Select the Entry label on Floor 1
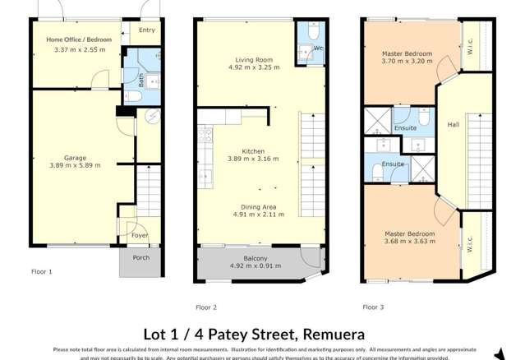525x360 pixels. click(x=146, y=30)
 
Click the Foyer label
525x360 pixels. click(x=140, y=236)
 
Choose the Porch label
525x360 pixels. click(x=140, y=257)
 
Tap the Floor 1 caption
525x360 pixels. click(x=41, y=271)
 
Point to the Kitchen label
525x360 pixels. click(x=252, y=151)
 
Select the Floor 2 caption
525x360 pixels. click(x=206, y=307)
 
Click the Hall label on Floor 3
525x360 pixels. click(x=453, y=125)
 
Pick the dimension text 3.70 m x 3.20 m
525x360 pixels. click(x=407, y=63)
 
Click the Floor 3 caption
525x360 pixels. click(x=374, y=307)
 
